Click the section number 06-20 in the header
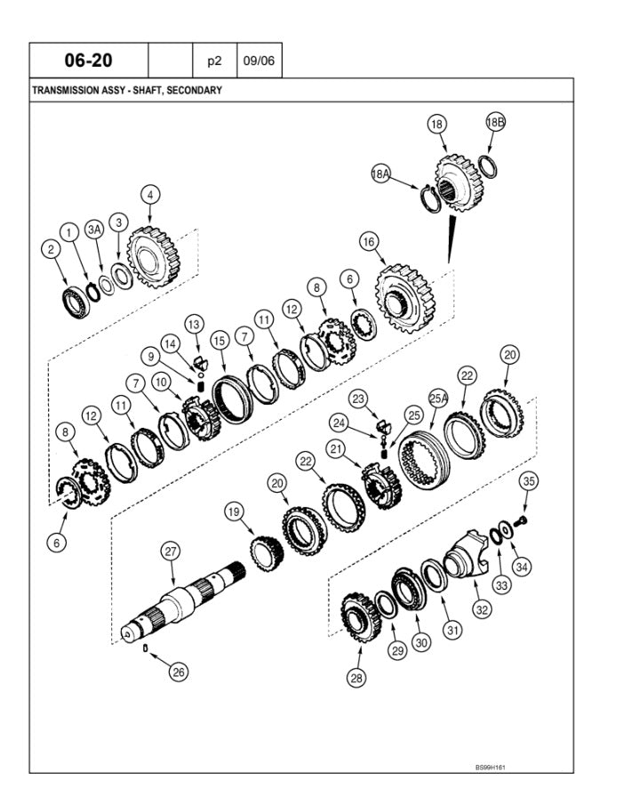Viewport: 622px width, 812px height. (89, 60)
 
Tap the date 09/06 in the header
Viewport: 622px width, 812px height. (259, 60)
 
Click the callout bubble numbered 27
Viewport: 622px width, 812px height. (171, 551)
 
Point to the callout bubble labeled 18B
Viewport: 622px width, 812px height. (495, 122)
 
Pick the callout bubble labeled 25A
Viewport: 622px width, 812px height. (438, 398)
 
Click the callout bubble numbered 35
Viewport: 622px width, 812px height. (529, 481)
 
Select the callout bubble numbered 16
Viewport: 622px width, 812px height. (369, 242)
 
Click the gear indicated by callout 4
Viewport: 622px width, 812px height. (152, 257)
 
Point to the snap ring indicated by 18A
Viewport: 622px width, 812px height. (431, 197)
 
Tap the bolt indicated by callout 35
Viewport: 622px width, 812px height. (521, 520)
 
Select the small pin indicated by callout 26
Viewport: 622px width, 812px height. (146, 647)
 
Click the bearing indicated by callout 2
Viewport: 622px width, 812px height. (76, 301)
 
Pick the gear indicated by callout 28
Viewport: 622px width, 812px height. (361, 618)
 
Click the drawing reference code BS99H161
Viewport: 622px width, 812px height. (490, 768)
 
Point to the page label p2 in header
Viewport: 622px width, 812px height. (214, 61)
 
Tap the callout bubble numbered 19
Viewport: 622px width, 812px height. (234, 512)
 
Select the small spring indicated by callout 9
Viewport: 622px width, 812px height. (203, 386)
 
